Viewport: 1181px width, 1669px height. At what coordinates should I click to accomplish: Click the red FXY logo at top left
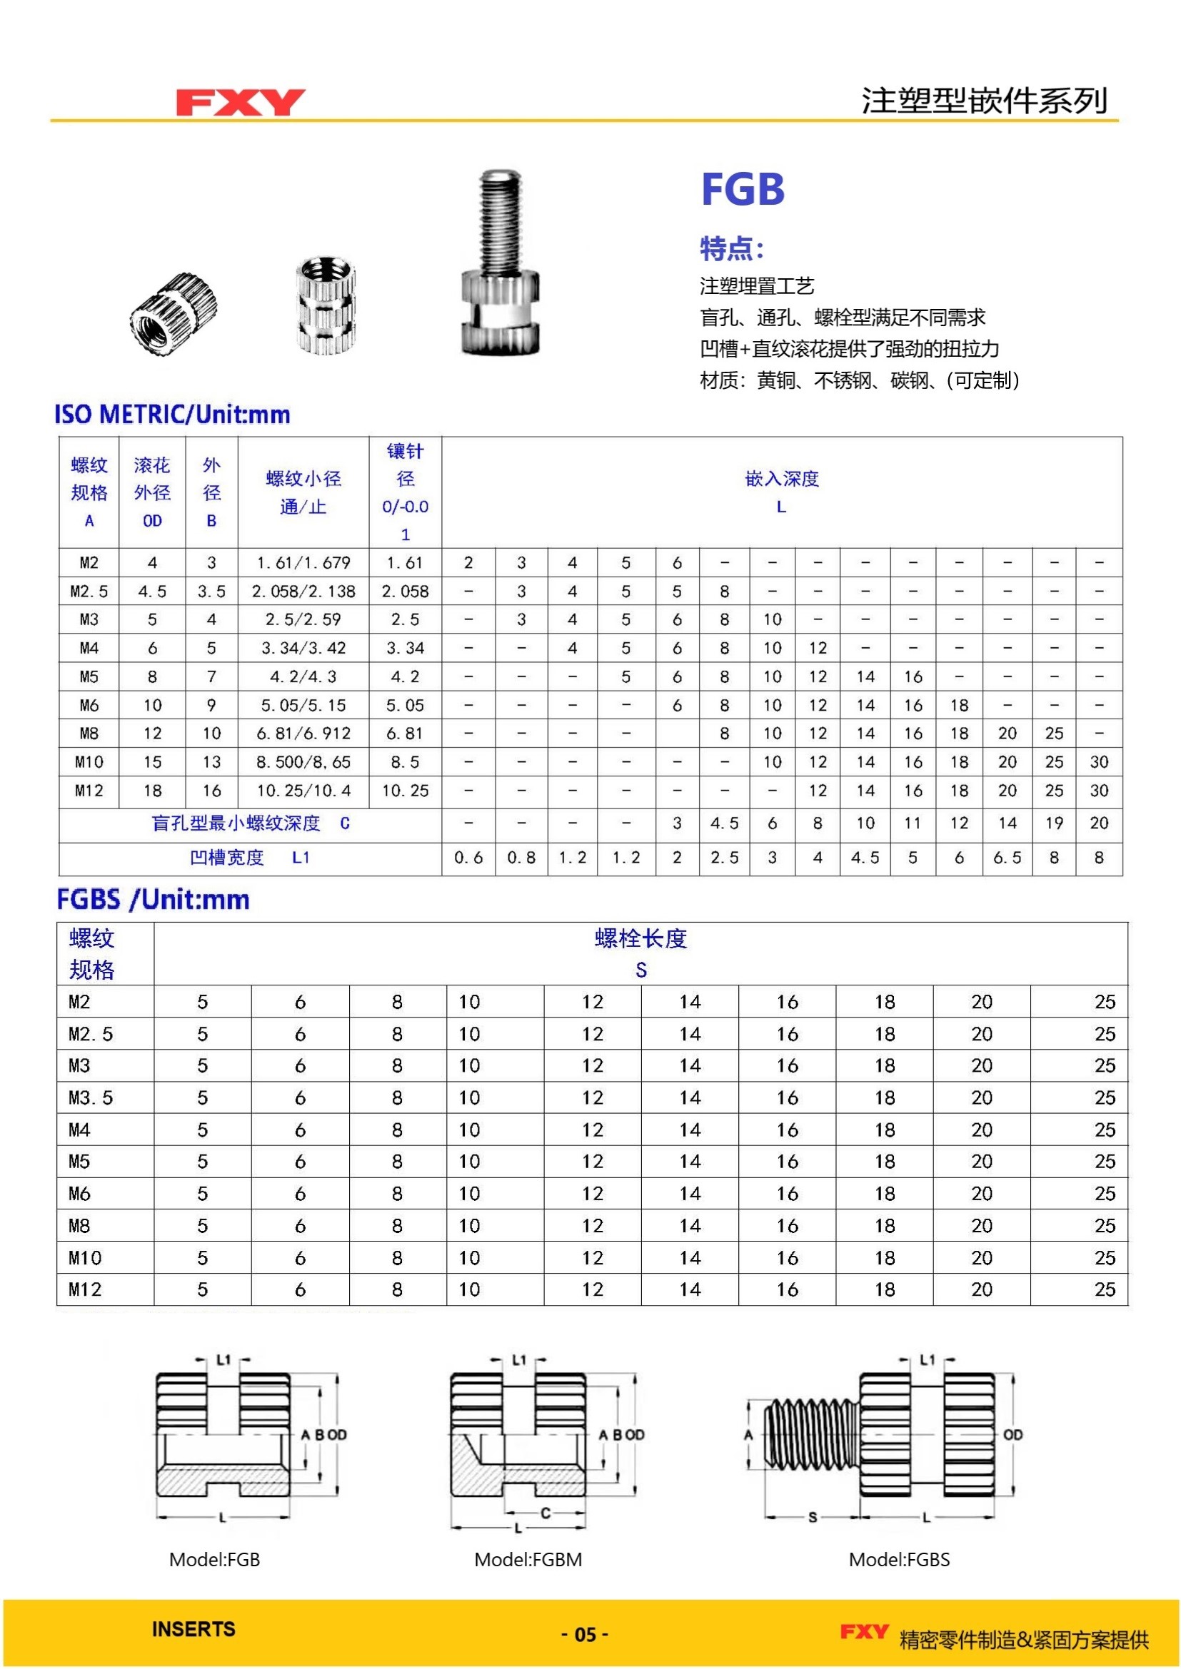coord(240,103)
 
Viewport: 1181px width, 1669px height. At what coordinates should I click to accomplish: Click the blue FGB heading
coord(743,190)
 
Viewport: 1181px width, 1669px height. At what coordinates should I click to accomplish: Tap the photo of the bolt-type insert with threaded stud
coord(501,263)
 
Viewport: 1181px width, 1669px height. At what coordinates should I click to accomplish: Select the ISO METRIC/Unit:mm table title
coord(172,415)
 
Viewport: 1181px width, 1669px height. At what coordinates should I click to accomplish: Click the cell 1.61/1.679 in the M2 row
coord(303,562)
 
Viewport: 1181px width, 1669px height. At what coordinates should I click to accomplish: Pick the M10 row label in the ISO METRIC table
coord(89,762)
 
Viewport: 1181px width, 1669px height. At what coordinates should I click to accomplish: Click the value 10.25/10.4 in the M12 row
coord(303,790)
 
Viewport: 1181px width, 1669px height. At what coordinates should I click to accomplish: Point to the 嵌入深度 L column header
coord(782,492)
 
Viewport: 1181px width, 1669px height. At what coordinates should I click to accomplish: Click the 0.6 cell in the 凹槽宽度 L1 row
coord(468,858)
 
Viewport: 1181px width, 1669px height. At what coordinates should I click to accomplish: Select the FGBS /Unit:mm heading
coord(153,900)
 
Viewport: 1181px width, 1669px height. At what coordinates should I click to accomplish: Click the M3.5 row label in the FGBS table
coord(91,1097)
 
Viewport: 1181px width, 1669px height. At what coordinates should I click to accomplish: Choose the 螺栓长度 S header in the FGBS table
coord(640,953)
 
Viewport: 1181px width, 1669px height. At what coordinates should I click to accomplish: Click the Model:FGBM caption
coord(528,1559)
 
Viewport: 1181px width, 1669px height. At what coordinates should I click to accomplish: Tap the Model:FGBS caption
coord(899,1559)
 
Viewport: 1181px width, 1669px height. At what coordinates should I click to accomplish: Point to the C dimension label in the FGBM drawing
coord(545,1513)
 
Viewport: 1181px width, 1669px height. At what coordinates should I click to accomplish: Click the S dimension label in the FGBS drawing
coord(813,1517)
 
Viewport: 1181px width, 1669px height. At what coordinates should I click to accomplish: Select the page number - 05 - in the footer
coord(585,1635)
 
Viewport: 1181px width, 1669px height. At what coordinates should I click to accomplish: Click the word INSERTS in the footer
coord(194,1629)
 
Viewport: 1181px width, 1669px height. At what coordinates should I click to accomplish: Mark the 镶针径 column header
coord(405,492)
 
